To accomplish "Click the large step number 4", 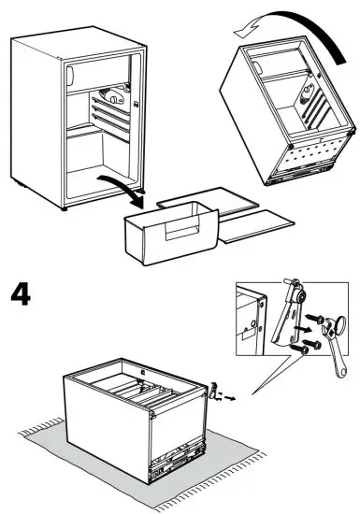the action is [x=21, y=294].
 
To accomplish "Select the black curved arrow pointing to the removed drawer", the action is [x=122, y=190].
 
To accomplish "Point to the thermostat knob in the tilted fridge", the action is [x=308, y=92].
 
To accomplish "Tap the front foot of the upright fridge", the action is [x=65, y=208].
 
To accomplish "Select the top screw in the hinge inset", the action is [x=315, y=318].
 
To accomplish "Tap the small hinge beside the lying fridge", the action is [x=214, y=391].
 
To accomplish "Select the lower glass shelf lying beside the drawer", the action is [x=255, y=226].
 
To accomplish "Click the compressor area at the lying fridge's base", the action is [x=177, y=464].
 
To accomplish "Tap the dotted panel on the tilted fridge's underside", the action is [x=315, y=150].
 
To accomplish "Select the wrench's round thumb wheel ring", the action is [x=339, y=324].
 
